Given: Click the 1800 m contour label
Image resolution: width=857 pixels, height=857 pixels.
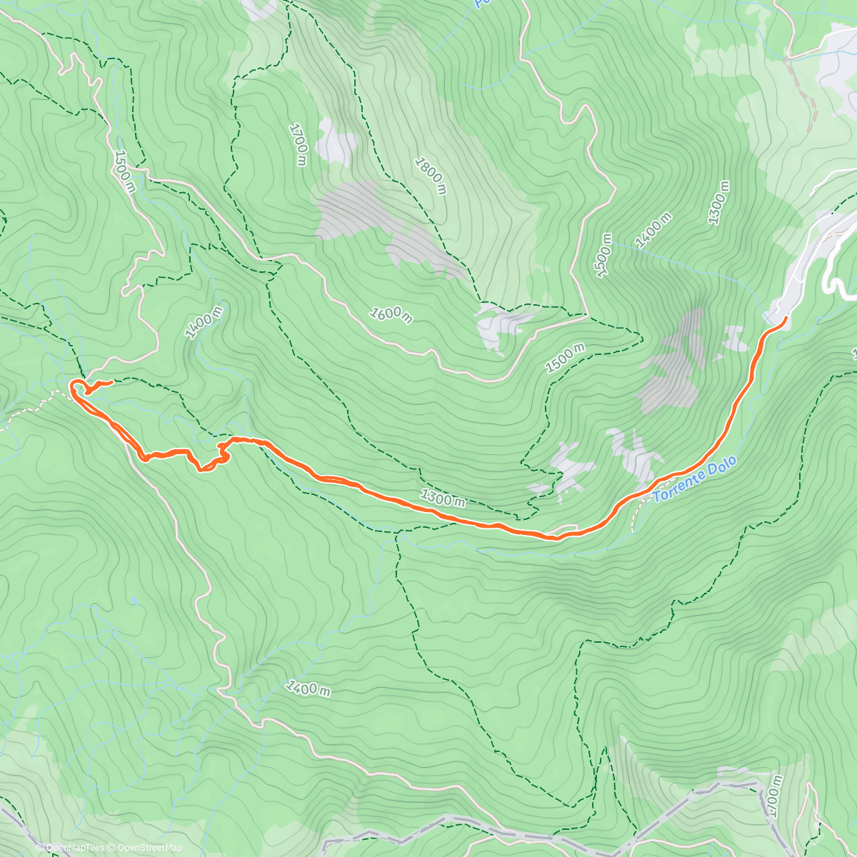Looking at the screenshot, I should point(431,176).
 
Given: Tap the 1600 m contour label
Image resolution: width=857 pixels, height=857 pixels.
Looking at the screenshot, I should point(391,314).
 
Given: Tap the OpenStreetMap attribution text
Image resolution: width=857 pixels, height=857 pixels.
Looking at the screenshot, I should point(149,848).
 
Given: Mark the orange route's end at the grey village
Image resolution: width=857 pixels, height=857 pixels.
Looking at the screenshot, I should point(784,319).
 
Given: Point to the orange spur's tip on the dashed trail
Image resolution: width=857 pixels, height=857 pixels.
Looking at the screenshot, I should point(111,383).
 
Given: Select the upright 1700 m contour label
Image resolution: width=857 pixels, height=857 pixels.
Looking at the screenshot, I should point(299,144).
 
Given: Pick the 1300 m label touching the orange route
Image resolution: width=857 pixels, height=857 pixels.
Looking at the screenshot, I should point(442,498).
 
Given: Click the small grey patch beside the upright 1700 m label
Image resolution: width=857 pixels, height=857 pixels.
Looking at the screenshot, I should point(333,141).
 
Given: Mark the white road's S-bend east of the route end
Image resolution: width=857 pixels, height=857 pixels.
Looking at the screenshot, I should point(834,282).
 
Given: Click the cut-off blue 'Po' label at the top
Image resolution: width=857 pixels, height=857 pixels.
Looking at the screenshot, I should point(480,4).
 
